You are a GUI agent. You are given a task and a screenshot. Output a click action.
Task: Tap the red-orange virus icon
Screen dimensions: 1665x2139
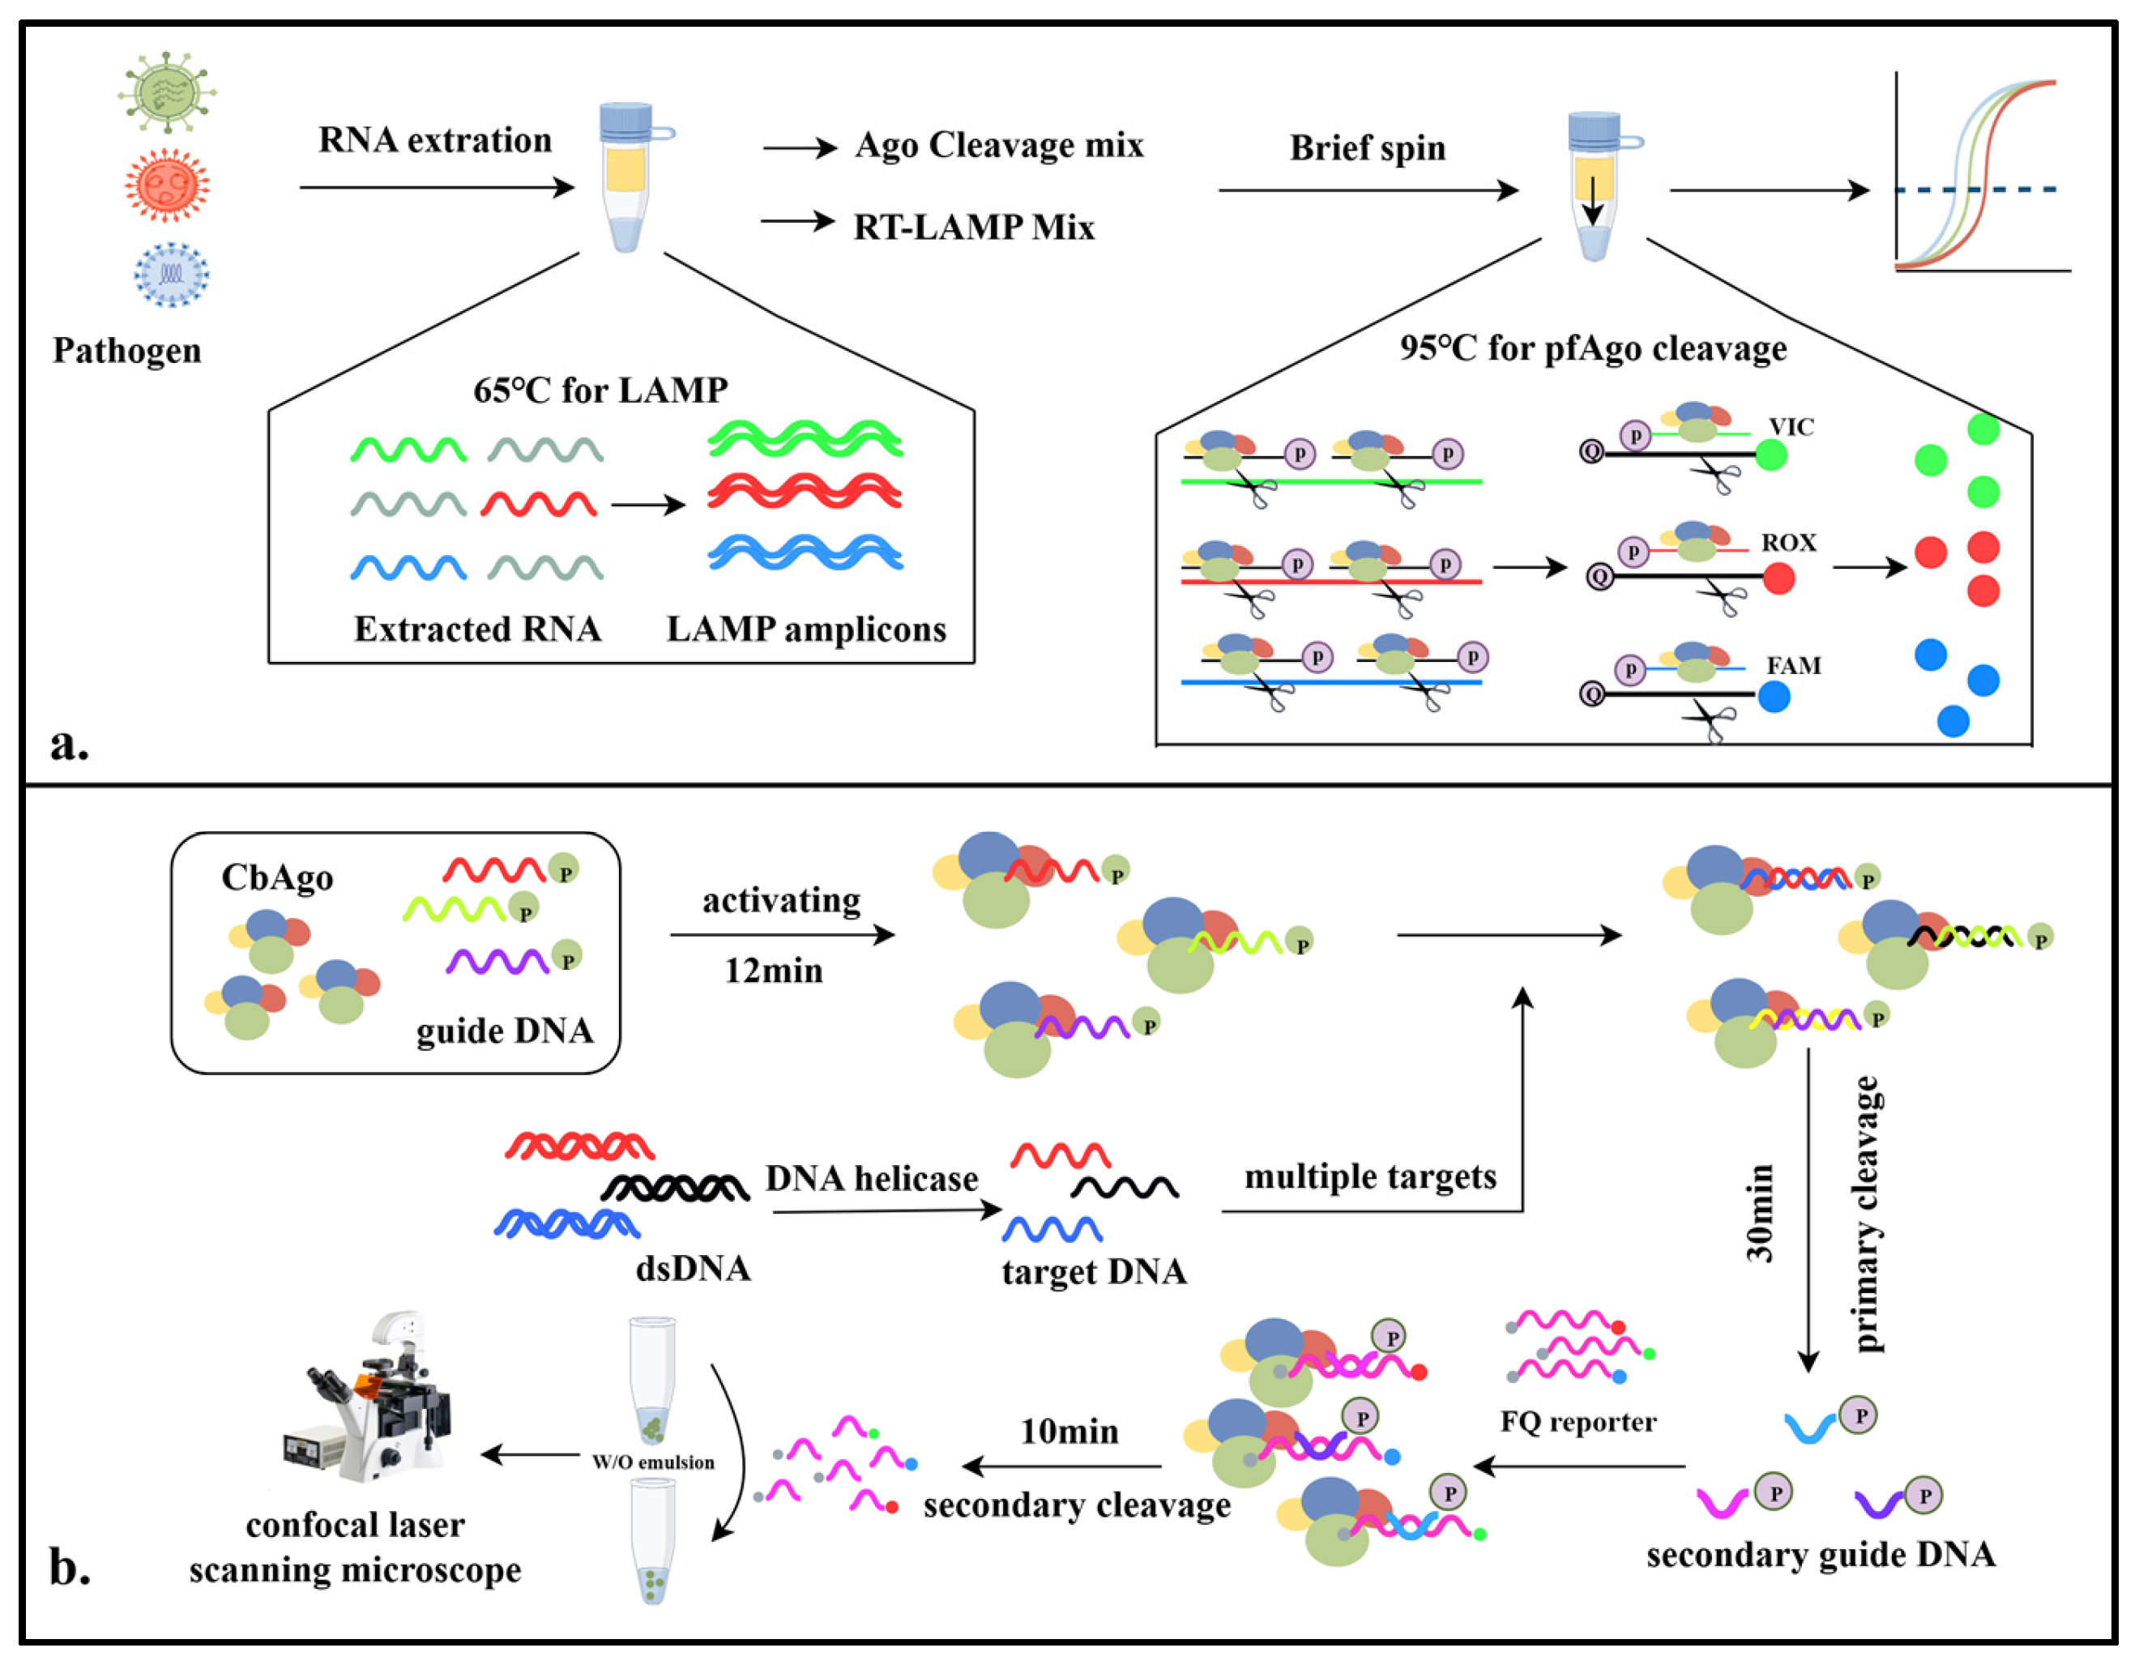click(168, 184)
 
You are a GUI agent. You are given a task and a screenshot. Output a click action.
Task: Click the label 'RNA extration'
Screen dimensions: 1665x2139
click(435, 140)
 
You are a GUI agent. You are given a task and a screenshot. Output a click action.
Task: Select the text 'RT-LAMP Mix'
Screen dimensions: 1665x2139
click(974, 227)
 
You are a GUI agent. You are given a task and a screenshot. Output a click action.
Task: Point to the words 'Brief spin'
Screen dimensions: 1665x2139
click(1367, 148)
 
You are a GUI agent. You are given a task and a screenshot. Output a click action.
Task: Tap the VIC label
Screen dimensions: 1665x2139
click(1791, 427)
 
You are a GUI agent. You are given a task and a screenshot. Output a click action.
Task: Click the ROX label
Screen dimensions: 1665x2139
click(1788, 543)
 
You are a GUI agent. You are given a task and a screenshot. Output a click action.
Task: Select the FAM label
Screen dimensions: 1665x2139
click(1793, 666)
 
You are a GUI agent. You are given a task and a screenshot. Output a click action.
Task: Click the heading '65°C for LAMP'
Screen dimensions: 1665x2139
click(600, 391)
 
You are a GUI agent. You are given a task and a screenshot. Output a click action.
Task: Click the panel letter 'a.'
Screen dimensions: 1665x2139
click(70, 745)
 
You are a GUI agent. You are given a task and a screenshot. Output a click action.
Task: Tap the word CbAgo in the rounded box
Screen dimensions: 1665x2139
click(277, 877)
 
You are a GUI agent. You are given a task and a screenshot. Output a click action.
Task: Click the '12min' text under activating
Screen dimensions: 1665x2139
click(773, 971)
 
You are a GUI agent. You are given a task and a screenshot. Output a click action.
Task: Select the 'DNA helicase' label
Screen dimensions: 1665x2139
click(871, 1178)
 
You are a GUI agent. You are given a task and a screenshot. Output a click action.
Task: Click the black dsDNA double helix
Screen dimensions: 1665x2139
click(676, 1188)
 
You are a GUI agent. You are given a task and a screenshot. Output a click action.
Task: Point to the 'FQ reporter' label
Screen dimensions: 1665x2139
click(1578, 1421)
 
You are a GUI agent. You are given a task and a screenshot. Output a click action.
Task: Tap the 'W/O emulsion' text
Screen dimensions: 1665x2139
click(653, 1462)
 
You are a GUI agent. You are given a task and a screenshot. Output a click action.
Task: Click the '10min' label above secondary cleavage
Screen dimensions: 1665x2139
click(1069, 1432)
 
